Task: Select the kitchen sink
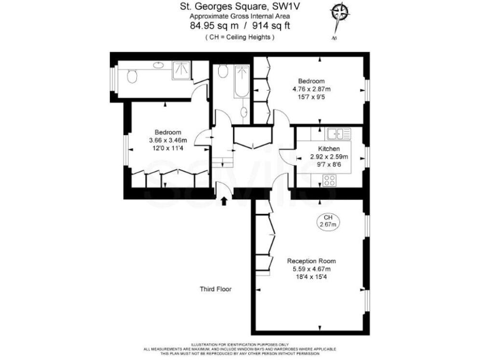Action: (341, 132)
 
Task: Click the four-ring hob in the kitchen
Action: (329, 181)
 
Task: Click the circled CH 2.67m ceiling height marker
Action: (327, 221)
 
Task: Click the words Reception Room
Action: (311, 261)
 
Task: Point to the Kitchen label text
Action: (329, 149)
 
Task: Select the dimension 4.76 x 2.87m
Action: (311, 89)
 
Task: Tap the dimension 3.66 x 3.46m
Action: (168, 141)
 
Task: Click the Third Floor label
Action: (216, 289)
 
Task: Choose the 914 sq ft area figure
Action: (268, 26)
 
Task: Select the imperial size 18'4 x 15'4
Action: (311, 277)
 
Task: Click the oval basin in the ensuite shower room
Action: (157, 64)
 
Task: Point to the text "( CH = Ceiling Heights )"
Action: (240, 37)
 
